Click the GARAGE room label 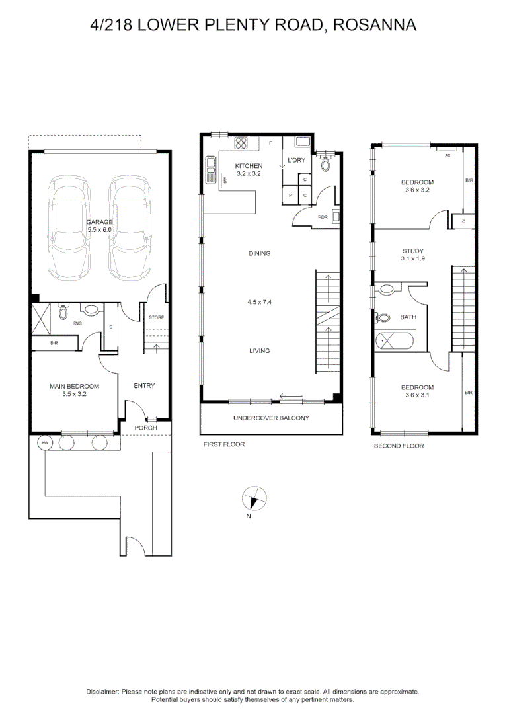point(100,222)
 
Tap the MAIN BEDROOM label point(74,387)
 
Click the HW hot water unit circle point(46,443)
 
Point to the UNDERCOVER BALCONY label point(271,418)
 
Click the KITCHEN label point(249,166)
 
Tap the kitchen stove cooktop point(241,143)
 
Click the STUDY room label point(412,251)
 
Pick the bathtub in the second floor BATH point(393,341)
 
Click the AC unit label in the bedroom point(447,155)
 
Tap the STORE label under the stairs point(156,317)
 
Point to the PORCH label point(145,428)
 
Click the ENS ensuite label point(77,323)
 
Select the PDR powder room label point(323,217)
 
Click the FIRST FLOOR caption point(223,444)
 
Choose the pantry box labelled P point(291,196)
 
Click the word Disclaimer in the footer point(102,691)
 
